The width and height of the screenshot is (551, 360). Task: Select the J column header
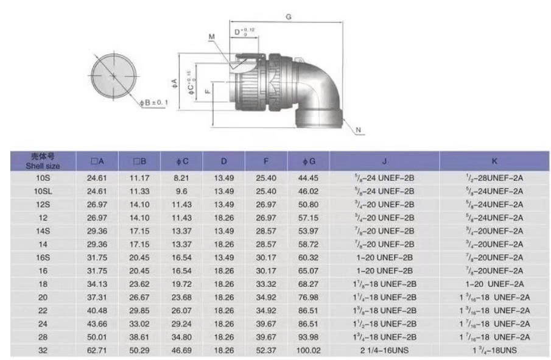[x=384, y=161]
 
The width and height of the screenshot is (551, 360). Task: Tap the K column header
[x=494, y=161]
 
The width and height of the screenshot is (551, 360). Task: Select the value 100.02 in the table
[x=309, y=350]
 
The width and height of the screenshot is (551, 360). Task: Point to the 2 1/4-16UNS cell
[x=384, y=350]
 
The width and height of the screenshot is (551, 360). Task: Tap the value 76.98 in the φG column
[x=309, y=297]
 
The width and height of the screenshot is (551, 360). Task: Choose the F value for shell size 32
[x=266, y=350]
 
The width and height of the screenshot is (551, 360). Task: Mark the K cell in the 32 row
[x=494, y=350]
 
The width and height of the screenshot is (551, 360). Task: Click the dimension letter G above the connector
[x=288, y=17]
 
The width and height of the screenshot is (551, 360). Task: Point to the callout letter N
[x=358, y=130]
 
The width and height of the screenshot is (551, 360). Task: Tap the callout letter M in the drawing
[x=211, y=37]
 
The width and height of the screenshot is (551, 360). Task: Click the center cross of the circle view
[x=114, y=75]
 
